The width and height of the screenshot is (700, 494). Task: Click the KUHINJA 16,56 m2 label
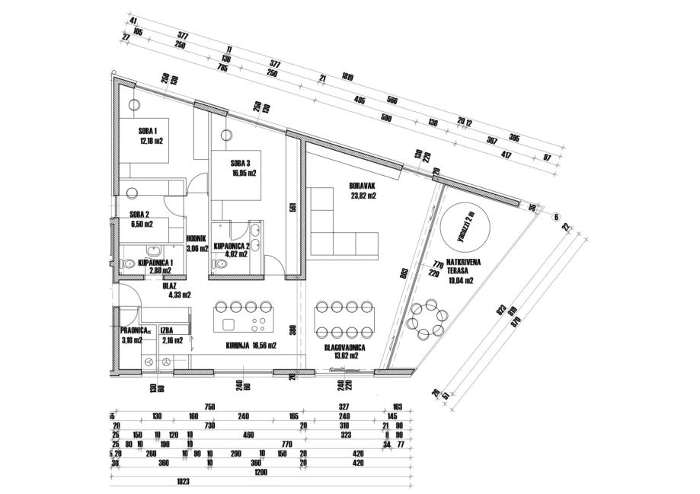(x=251, y=345)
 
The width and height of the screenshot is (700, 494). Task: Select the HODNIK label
(x=200, y=237)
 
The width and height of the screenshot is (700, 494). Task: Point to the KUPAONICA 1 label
(x=156, y=263)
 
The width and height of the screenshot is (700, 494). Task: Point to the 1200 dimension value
(x=262, y=472)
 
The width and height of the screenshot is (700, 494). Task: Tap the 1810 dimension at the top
(x=347, y=77)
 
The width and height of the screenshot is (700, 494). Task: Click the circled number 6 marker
(x=556, y=217)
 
